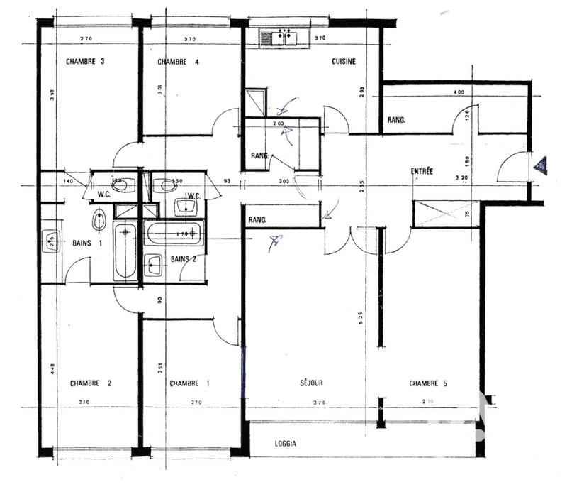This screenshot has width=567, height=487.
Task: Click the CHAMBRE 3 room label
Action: pos(85,62)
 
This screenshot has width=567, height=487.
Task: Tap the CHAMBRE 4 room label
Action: pos(178,62)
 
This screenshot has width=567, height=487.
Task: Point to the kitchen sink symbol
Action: pos(281,36)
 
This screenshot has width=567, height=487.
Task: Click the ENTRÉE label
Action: pos(422,171)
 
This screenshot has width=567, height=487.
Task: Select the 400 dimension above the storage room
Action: pos(459,93)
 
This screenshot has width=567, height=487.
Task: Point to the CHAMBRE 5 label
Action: pos(429,383)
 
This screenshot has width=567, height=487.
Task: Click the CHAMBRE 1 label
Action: pos(189,383)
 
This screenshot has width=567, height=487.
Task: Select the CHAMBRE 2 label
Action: pos(91,383)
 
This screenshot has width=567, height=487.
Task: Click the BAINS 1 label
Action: pos(87,243)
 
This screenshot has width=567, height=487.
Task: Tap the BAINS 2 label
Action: pos(183,258)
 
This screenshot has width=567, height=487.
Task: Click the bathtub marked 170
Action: pos(174,232)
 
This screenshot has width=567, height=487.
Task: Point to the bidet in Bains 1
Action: pos(100,219)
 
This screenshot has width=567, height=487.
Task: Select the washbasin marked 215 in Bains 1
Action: pos(50,241)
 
